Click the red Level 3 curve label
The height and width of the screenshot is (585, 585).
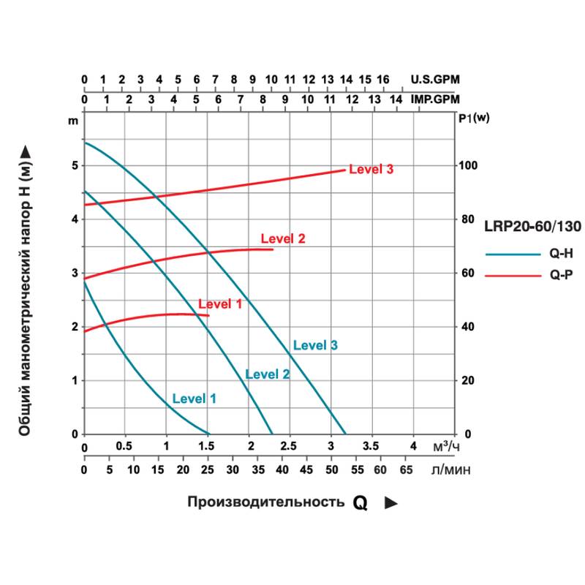pyautogui.click(x=371, y=170)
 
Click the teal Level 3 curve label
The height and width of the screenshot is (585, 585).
pyautogui.click(x=314, y=345)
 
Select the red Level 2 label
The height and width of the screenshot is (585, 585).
pyautogui.click(x=282, y=238)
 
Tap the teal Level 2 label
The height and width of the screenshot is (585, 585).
pyautogui.click(x=267, y=374)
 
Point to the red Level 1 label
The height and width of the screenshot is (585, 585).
pyautogui.click(x=219, y=303)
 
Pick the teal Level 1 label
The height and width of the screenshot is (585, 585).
pyautogui.click(x=194, y=399)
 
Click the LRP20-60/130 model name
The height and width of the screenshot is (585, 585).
pyautogui.click(x=532, y=227)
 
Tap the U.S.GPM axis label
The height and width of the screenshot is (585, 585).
pyautogui.click(x=436, y=80)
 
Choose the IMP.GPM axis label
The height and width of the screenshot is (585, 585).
pyautogui.click(x=436, y=99)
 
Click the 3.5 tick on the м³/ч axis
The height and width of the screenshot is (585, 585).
pyautogui.click(x=371, y=447)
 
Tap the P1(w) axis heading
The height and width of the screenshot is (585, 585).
pyautogui.click(x=474, y=118)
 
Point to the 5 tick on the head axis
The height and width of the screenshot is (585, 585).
pyautogui.click(x=74, y=165)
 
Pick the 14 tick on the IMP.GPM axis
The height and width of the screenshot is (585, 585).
pyautogui.click(x=396, y=99)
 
